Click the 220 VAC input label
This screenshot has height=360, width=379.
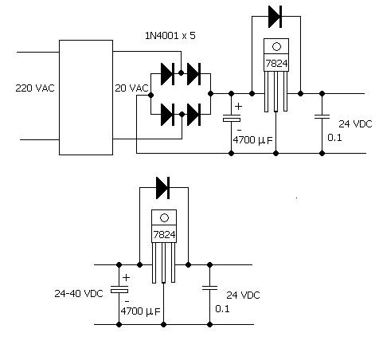click(x=35, y=88)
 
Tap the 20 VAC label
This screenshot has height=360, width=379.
click(x=131, y=88)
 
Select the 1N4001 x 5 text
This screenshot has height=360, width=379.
click(x=170, y=36)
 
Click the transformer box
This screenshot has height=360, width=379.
click(x=86, y=97)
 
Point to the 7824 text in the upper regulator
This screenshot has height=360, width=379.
click(x=276, y=64)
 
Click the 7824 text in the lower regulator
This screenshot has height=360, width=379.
click(x=164, y=235)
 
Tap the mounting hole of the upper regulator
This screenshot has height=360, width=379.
click(x=276, y=47)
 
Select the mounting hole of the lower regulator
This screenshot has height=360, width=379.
click(x=165, y=218)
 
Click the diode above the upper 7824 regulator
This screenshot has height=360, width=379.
click(x=275, y=17)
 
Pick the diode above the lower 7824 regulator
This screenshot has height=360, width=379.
click(x=163, y=188)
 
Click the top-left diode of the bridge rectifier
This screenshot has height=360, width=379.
click(x=168, y=74)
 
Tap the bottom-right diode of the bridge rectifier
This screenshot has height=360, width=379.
click(x=193, y=115)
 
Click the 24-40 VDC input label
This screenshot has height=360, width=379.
click(x=79, y=293)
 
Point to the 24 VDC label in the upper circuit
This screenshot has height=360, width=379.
click(x=355, y=123)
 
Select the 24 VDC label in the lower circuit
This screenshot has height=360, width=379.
click(x=243, y=295)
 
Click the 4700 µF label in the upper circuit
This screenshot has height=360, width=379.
click(x=252, y=140)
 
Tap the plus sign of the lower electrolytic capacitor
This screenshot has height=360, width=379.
click(x=127, y=278)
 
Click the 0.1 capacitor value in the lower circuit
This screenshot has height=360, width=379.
click(x=222, y=309)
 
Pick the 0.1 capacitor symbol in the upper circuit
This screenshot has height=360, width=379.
click(x=322, y=117)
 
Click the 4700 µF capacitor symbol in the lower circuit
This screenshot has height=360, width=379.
click(x=119, y=289)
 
